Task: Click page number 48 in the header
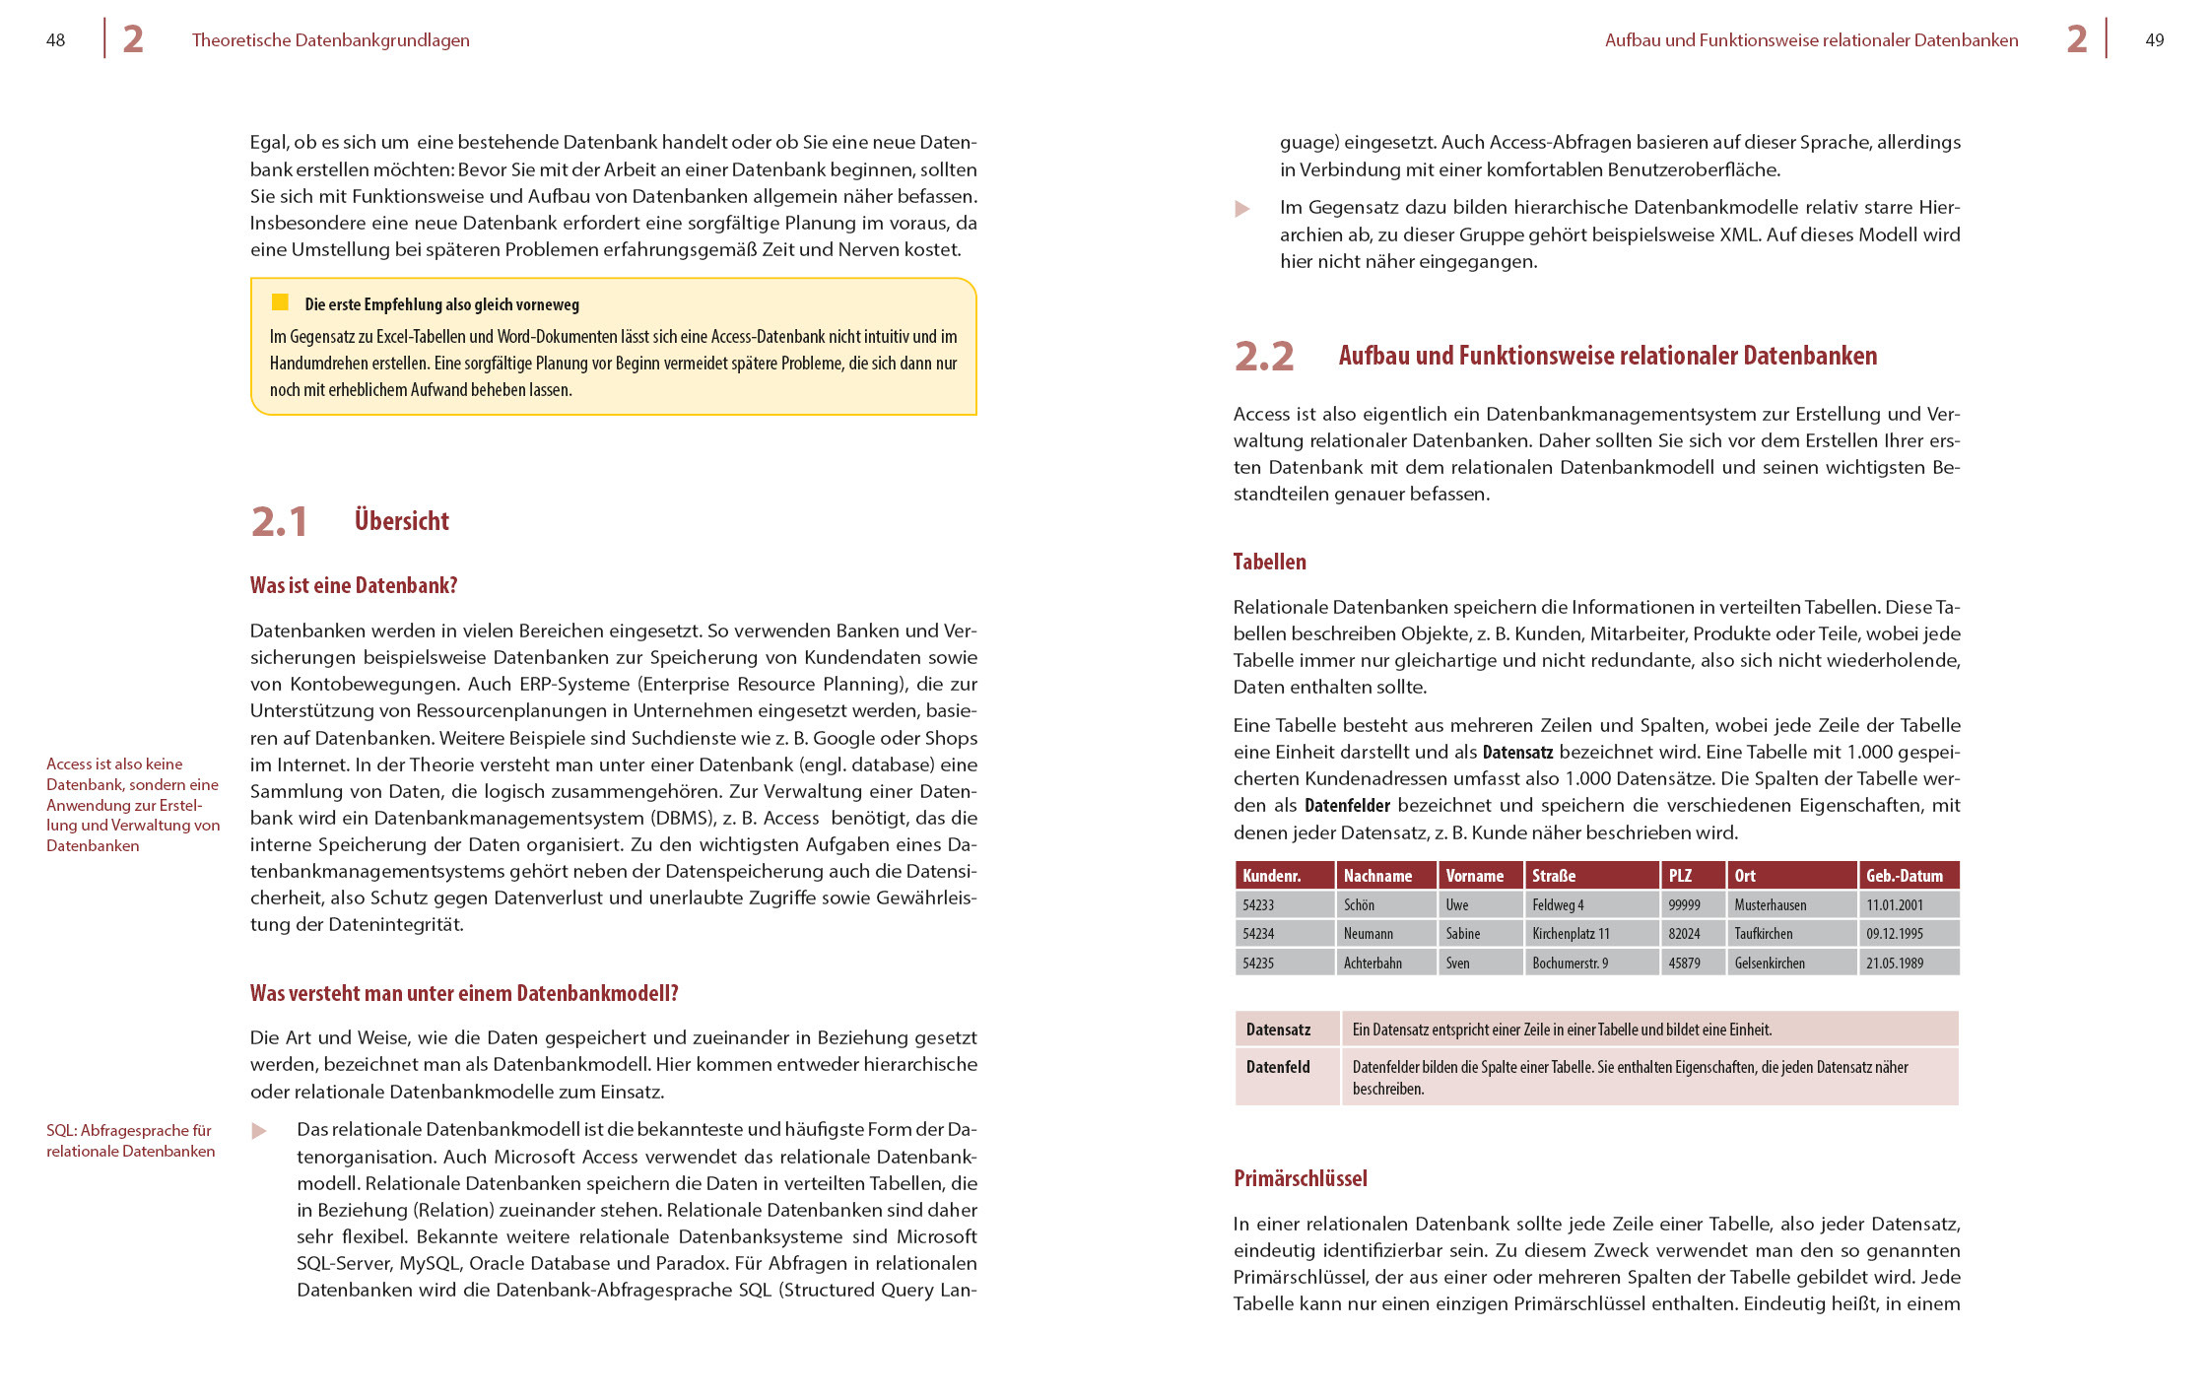click(55, 40)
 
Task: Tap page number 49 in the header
click(2155, 40)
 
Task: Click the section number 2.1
click(279, 522)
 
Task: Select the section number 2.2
click(1264, 357)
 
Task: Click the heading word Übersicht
click(402, 521)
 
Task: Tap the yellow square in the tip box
click(280, 302)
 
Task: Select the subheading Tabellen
click(1269, 563)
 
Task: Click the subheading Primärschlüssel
click(1300, 1179)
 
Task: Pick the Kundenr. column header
click(1271, 876)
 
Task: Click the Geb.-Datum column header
click(1904, 876)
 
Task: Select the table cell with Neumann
click(1369, 934)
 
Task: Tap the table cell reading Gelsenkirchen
click(1770, 964)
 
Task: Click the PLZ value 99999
click(1684, 905)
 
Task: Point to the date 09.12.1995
click(1894, 934)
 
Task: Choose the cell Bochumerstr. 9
click(1570, 964)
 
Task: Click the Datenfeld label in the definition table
click(1278, 1067)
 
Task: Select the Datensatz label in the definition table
click(1278, 1030)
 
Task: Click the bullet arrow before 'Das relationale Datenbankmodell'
click(259, 1131)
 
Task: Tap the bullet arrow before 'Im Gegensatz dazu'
click(1242, 209)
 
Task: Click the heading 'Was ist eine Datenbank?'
click(354, 586)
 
